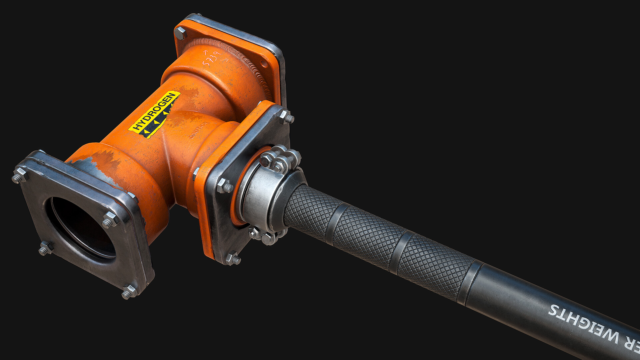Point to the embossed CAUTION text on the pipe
[199, 130]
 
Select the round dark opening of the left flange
[82, 227]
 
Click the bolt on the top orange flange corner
[180, 33]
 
